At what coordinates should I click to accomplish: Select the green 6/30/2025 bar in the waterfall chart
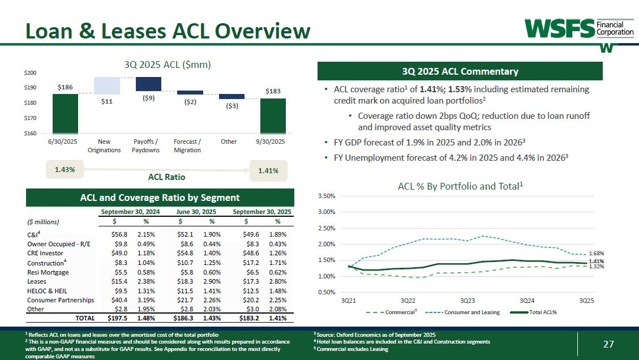point(65,113)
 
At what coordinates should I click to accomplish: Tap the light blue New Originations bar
point(107,85)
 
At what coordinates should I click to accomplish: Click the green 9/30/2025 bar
point(273,115)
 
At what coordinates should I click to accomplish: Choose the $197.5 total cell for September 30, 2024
point(117,319)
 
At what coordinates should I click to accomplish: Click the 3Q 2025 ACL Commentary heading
point(460,71)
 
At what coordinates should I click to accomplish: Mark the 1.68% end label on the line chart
point(597,253)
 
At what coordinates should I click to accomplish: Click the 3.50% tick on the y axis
point(328,196)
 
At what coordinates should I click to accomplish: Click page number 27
point(608,344)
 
